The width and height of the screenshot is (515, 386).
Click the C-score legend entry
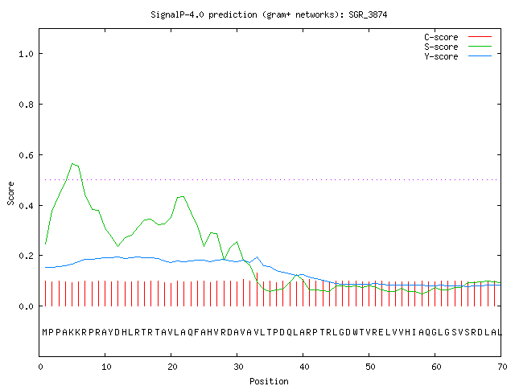click(458, 37)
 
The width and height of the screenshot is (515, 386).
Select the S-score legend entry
click(458, 47)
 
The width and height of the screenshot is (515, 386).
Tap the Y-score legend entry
click(458, 56)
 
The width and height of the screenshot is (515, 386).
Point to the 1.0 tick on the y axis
click(27, 54)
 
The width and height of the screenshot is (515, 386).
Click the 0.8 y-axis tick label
click(27, 105)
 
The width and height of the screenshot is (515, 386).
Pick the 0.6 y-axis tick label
click(27, 155)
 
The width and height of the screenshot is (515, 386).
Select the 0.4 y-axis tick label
click(27, 206)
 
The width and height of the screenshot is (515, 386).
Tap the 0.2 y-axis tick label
click(27, 256)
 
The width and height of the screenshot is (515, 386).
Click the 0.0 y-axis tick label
click(27, 306)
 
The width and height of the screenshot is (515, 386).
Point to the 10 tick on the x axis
click(106, 367)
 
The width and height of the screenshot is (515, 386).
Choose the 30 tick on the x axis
click(238, 367)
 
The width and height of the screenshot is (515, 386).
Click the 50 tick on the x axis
click(370, 367)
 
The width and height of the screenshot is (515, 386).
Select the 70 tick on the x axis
click(502, 367)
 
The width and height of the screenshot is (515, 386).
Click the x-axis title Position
click(269, 381)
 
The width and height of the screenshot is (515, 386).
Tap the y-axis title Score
click(10, 194)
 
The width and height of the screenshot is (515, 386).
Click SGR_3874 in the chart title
click(368, 14)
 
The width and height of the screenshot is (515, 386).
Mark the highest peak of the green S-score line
click(72, 163)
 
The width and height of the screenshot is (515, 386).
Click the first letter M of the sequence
click(45, 332)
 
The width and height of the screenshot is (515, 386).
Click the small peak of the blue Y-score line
click(257, 257)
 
